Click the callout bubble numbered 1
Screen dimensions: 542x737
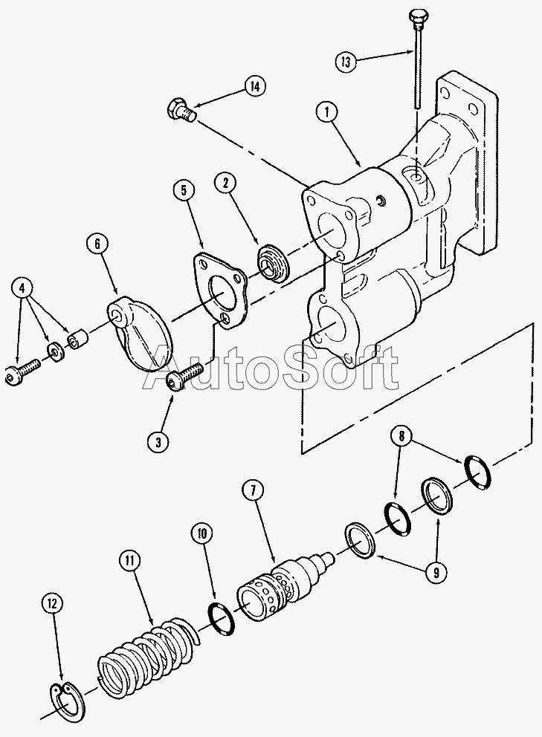coord(326,112)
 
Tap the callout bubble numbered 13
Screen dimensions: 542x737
coord(345,62)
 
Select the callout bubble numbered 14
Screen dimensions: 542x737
coord(254,87)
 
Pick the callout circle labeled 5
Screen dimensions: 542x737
coord(184,190)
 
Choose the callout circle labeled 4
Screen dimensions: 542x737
coord(23,287)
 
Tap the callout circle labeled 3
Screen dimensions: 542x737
coord(158,442)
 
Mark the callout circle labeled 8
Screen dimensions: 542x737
coord(401,437)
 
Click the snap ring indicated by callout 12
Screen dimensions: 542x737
coord(67,701)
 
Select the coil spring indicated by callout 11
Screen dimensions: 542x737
coord(145,658)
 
